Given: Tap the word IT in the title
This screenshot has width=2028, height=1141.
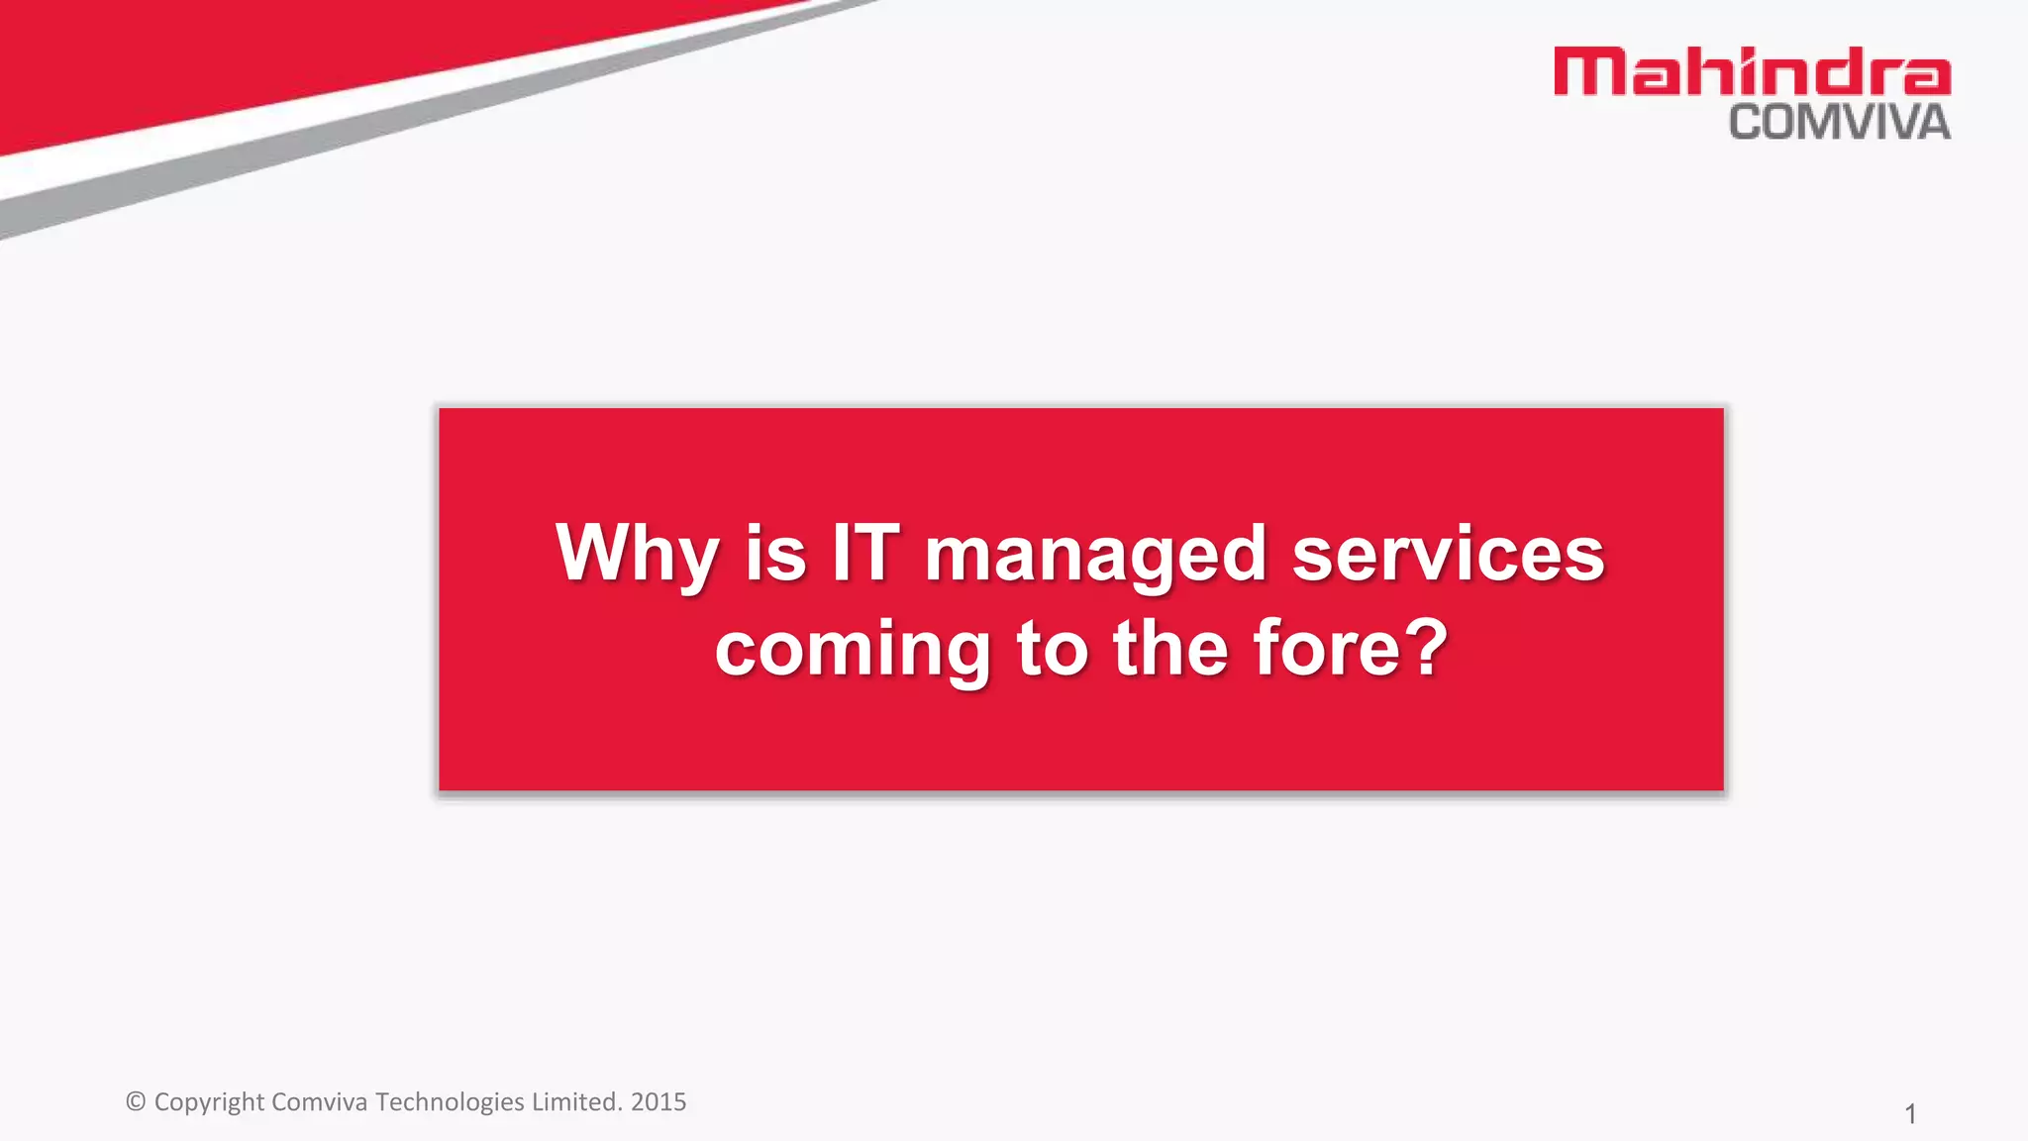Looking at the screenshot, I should tap(865, 553).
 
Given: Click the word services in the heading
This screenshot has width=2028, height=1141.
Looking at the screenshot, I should tap(1448, 553).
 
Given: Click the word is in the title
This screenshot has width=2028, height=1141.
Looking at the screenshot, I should tap(775, 553).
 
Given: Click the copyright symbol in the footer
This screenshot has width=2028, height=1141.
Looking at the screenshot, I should tap(136, 1101).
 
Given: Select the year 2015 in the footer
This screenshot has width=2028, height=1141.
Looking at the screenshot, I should tap(659, 1101).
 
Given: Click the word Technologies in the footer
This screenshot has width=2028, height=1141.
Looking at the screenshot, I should tap(450, 1101).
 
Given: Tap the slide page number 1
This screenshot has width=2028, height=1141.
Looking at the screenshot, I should tap(1910, 1114).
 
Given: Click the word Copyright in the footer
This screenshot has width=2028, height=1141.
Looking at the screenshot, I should tap(209, 1102).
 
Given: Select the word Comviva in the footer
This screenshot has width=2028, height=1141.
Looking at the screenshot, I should tap(319, 1101).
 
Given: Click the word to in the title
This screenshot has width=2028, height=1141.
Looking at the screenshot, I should tap(1052, 649).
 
